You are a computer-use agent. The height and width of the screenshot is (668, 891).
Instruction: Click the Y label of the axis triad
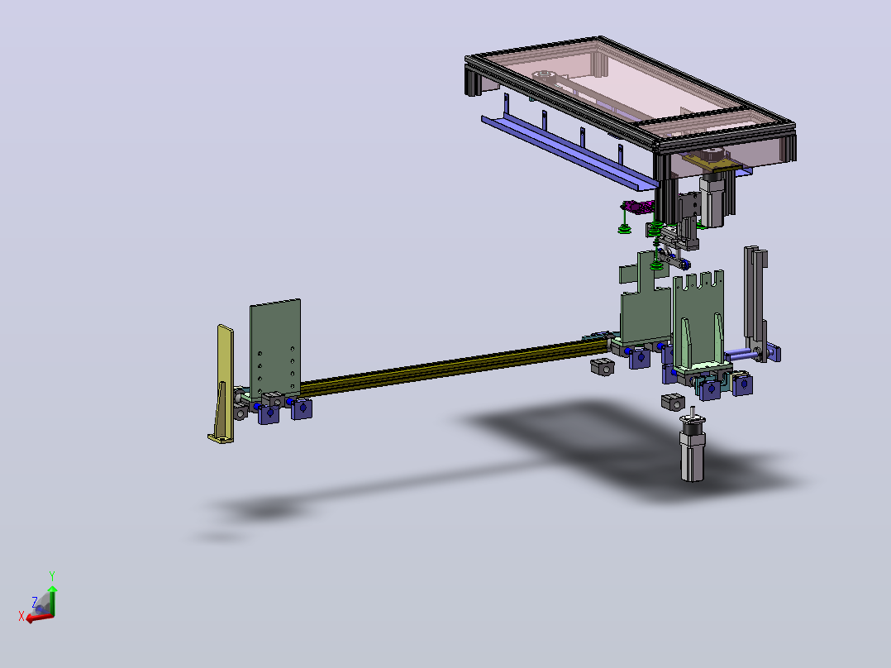[52, 575]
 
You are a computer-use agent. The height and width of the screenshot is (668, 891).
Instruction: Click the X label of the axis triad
[21, 616]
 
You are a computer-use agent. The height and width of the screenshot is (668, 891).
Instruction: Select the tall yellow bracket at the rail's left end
[222, 384]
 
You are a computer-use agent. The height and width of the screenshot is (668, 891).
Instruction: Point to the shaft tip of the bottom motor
[692, 408]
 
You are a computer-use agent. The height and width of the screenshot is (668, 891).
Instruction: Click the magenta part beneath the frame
[637, 207]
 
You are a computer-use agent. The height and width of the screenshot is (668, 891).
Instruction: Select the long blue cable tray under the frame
[569, 150]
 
